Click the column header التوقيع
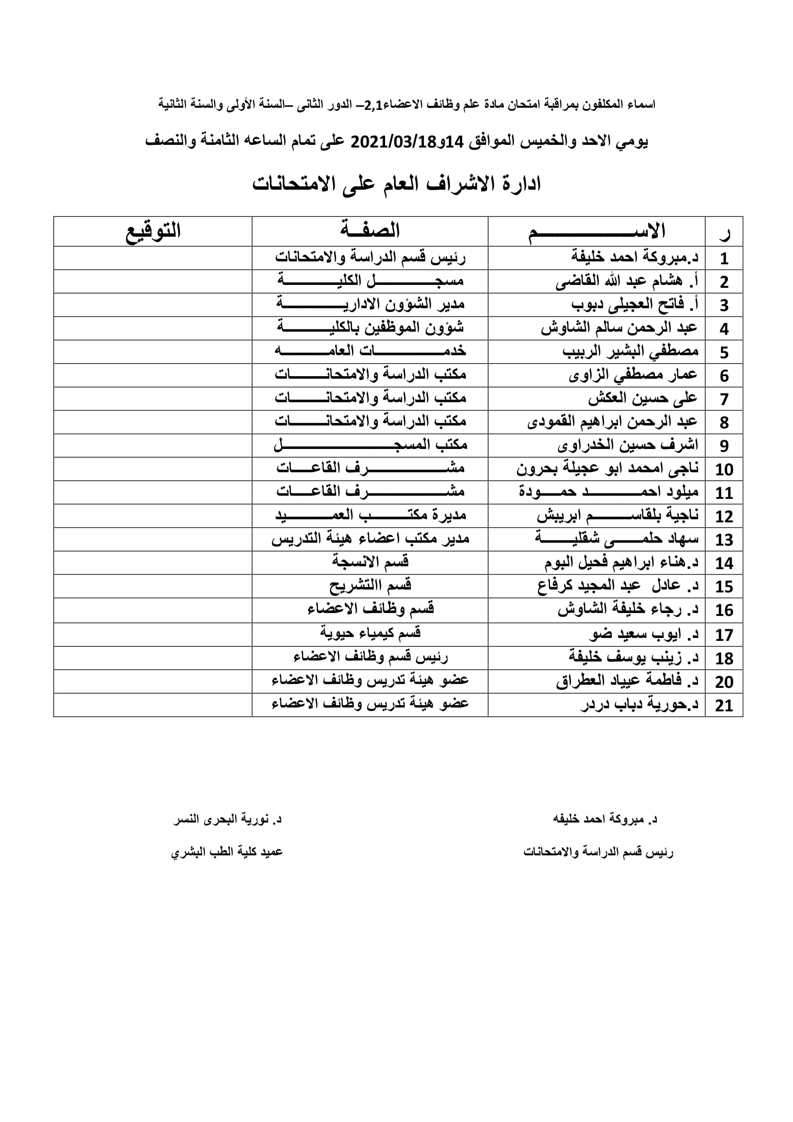click(x=153, y=231)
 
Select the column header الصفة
click(x=370, y=231)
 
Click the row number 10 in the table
click(x=723, y=470)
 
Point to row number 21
click(x=723, y=706)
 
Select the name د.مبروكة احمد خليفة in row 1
click(x=635, y=258)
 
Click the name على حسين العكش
click(x=642, y=399)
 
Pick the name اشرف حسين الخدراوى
click(x=628, y=446)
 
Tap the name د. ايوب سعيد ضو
click(x=643, y=634)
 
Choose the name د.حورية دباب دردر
click(x=640, y=705)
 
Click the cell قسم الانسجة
click(x=370, y=563)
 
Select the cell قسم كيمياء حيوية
click(x=370, y=633)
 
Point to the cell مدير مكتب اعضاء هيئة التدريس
click(x=370, y=539)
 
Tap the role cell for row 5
click(x=370, y=351)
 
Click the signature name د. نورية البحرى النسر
click(x=228, y=819)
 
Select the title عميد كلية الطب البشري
click(x=227, y=852)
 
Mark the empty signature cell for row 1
click(x=153, y=258)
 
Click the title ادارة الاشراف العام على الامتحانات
click(x=396, y=184)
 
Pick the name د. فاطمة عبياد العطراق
click(x=627, y=681)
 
